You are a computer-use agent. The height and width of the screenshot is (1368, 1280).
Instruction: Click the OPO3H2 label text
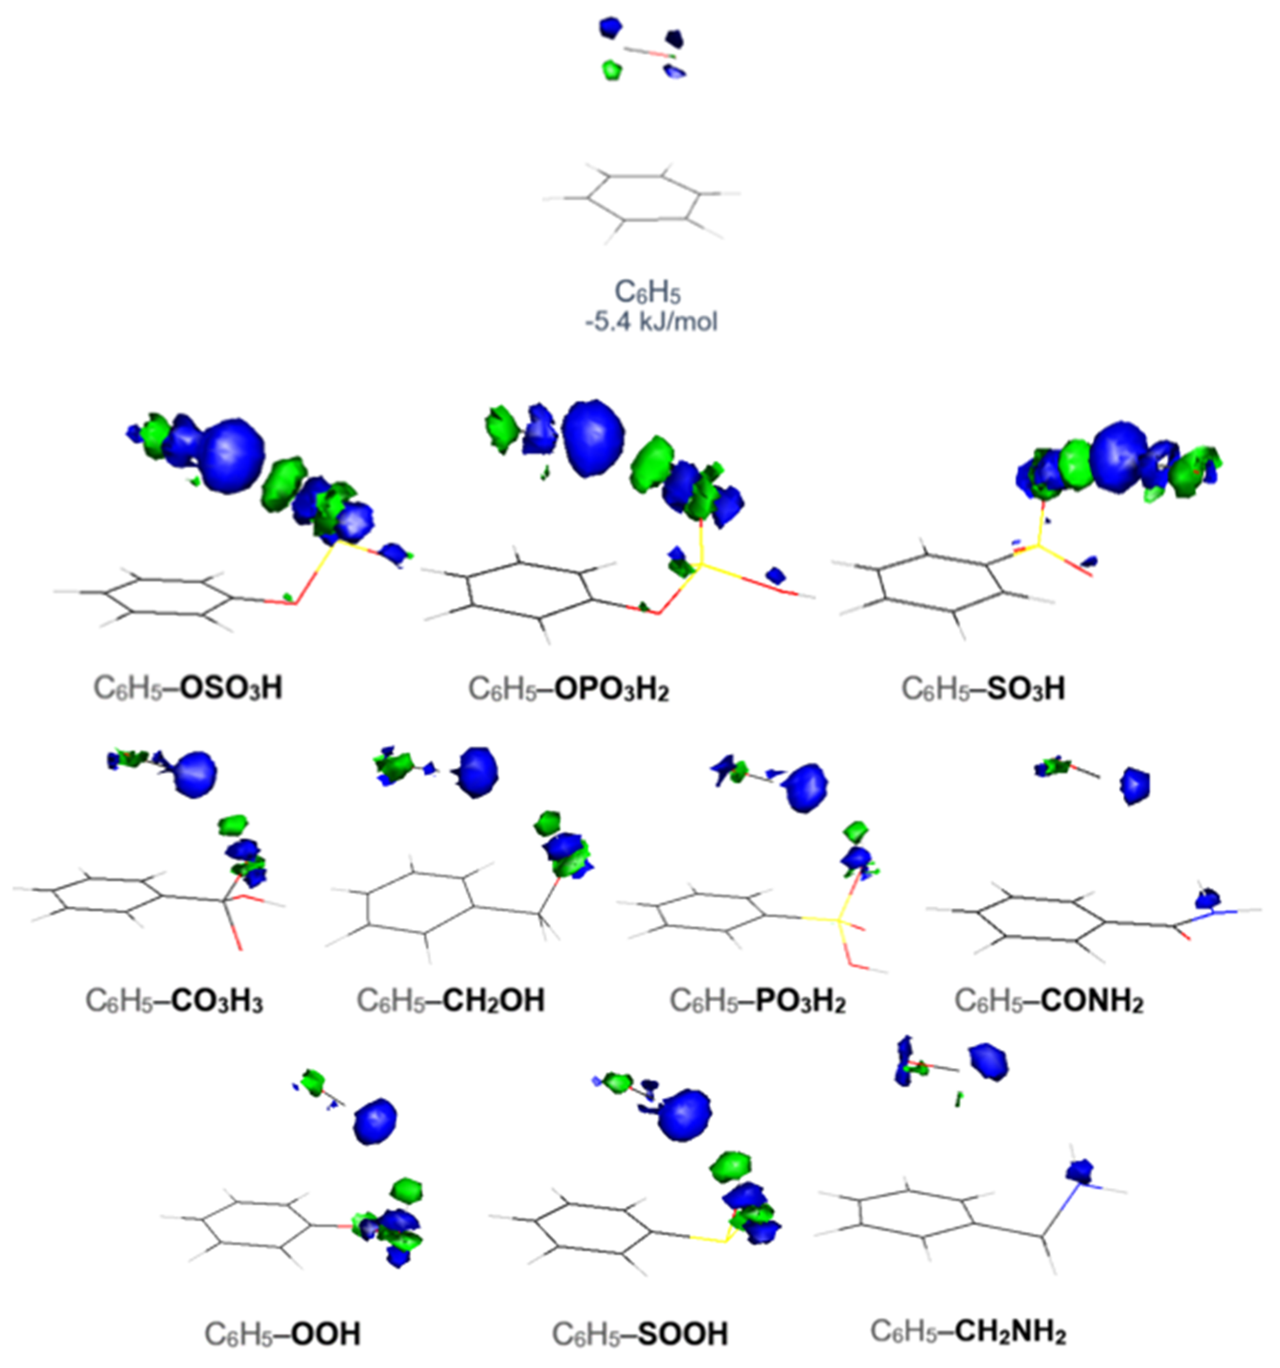(x=611, y=689)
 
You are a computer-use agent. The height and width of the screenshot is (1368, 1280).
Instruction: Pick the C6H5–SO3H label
(x=983, y=689)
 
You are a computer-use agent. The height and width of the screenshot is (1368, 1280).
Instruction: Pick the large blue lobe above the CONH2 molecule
(x=1135, y=785)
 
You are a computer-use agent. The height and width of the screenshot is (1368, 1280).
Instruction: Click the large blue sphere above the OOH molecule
(x=375, y=1122)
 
